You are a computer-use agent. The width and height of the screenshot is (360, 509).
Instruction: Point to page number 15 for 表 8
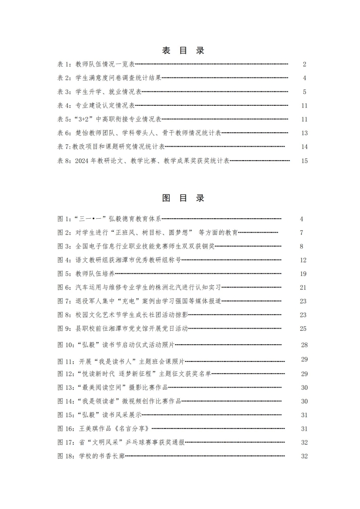[305, 161]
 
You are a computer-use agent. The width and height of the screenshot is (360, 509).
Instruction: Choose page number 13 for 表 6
[305, 133]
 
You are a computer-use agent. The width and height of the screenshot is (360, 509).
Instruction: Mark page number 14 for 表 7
[305, 147]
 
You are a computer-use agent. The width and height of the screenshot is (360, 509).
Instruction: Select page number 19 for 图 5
[303, 274]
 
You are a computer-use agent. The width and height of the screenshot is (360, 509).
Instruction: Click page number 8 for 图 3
[301, 246]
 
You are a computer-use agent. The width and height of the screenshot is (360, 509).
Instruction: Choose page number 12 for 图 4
[303, 260]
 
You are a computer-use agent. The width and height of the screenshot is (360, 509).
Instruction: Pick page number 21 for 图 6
[303, 288]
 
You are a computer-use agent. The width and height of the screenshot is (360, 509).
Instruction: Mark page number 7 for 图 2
[301, 233]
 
